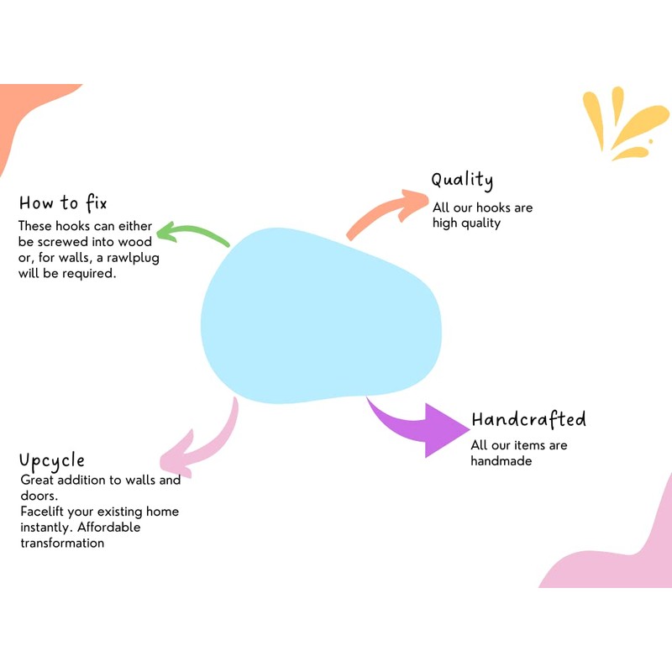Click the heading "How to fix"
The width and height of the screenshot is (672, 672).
pos(63,203)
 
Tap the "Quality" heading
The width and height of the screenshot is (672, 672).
pos(462,181)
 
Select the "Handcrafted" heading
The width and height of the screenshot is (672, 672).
pos(528,420)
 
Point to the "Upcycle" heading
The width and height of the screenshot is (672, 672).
pos(52,461)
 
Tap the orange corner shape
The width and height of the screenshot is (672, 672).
pos(25,109)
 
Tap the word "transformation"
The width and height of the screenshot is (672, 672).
pos(62,543)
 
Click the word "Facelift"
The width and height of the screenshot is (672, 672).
pos(44,511)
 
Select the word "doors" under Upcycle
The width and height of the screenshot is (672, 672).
pos(37,496)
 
